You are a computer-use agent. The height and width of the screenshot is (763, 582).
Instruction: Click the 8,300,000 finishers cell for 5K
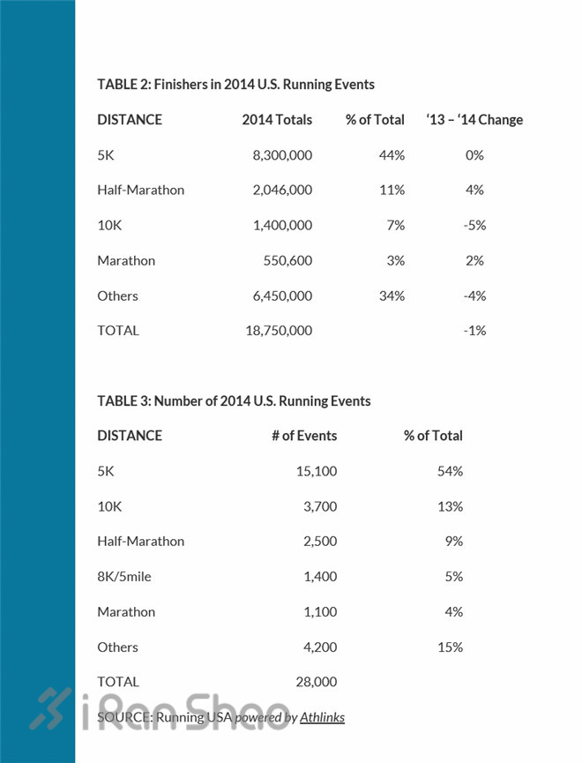pyautogui.click(x=282, y=154)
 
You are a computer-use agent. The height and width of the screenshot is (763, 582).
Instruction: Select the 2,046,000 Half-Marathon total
pyautogui.click(x=282, y=190)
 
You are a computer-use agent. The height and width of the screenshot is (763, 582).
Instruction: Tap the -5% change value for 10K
pyautogui.click(x=474, y=225)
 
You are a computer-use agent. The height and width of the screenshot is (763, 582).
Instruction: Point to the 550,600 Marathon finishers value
pyautogui.click(x=288, y=260)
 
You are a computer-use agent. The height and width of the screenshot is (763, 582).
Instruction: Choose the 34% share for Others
pyautogui.click(x=392, y=295)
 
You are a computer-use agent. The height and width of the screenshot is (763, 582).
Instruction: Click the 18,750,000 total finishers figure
pyautogui.click(x=279, y=331)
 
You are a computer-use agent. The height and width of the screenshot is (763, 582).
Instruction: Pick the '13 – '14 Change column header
pyautogui.click(x=474, y=119)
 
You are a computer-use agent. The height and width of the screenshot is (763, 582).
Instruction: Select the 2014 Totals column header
pyautogui.click(x=277, y=119)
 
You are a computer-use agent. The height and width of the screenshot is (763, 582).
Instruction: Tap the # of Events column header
pyautogui.click(x=304, y=435)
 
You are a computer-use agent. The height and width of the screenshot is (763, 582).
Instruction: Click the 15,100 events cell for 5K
pyautogui.click(x=317, y=471)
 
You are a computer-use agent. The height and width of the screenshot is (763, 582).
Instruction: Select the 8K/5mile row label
pyautogui.click(x=126, y=577)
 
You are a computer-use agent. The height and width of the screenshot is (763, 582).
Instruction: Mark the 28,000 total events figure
pyautogui.click(x=317, y=682)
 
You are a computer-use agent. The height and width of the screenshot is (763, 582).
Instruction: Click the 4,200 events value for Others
pyautogui.click(x=321, y=647)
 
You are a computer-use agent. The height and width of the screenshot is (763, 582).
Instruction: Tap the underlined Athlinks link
pyautogui.click(x=322, y=717)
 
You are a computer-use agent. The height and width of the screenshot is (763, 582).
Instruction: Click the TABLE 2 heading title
pyautogui.click(x=235, y=84)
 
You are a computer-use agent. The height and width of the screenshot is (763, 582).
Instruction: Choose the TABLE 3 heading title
pyautogui.click(x=234, y=400)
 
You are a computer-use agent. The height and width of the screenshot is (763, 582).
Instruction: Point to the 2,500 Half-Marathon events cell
pyautogui.click(x=321, y=542)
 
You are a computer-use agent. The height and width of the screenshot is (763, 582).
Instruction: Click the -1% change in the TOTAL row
pyautogui.click(x=474, y=331)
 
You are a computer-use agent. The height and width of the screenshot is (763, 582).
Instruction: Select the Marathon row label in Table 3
pyautogui.click(x=126, y=611)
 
